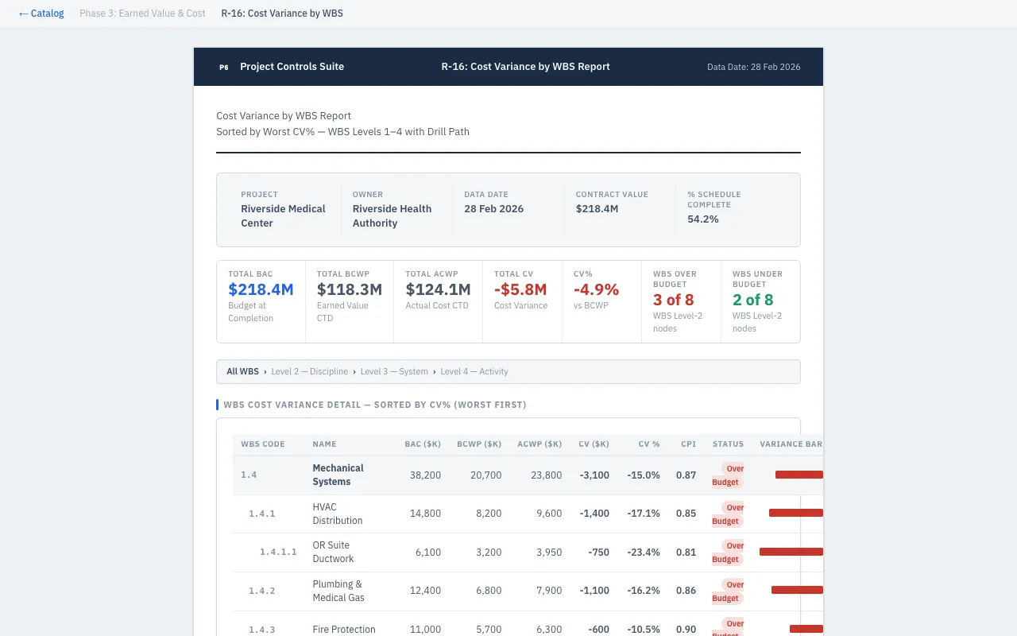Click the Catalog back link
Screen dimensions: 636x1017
point(41,14)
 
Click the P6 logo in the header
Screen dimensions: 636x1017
point(223,68)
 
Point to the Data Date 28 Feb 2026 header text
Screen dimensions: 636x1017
point(753,68)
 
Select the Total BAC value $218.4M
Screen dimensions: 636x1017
point(261,290)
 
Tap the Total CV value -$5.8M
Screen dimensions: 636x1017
point(520,290)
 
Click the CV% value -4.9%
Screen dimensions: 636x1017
point(596,290)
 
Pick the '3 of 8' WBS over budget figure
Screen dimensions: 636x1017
point(673,300)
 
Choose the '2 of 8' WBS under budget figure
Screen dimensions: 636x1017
point(752,300)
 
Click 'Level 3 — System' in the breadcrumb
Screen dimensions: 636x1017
point(394,371)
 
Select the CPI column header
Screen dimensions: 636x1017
point(688,444)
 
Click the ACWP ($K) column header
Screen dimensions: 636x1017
point(539,444)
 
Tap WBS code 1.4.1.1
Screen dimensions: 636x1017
point(278,553)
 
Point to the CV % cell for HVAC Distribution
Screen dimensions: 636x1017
point(643,514)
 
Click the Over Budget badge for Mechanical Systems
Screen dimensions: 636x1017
point(728,475)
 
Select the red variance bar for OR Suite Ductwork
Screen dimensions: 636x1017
point(791,552)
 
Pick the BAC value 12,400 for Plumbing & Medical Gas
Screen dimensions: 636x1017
point(425,591)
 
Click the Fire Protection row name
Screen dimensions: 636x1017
point(343,629)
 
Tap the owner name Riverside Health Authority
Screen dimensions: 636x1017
point(392,216)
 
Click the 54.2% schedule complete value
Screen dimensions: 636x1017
point(702,219)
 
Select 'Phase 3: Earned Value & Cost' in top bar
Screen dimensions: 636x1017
point(142,14)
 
